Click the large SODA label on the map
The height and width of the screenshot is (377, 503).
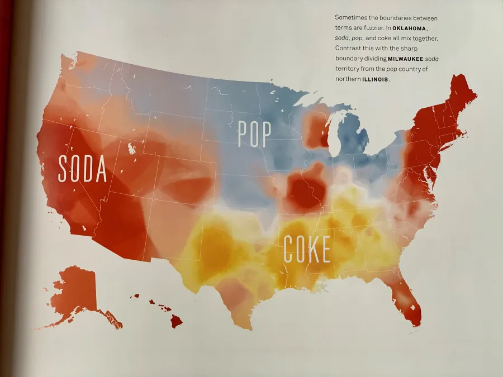pyautogui.click(x=83, y=169)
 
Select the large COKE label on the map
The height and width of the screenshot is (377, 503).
pyautogui.click(x=307, y=249)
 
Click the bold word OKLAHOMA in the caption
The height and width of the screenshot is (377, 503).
pyautogui.click(x=410, y=28)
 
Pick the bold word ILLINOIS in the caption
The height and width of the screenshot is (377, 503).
pyautogui.click(x=374, y=79)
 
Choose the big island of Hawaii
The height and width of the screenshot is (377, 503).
pyautogui.click(x=176, y=321)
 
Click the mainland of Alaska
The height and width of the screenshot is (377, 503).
pyautogui.click(x=75, y=290)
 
